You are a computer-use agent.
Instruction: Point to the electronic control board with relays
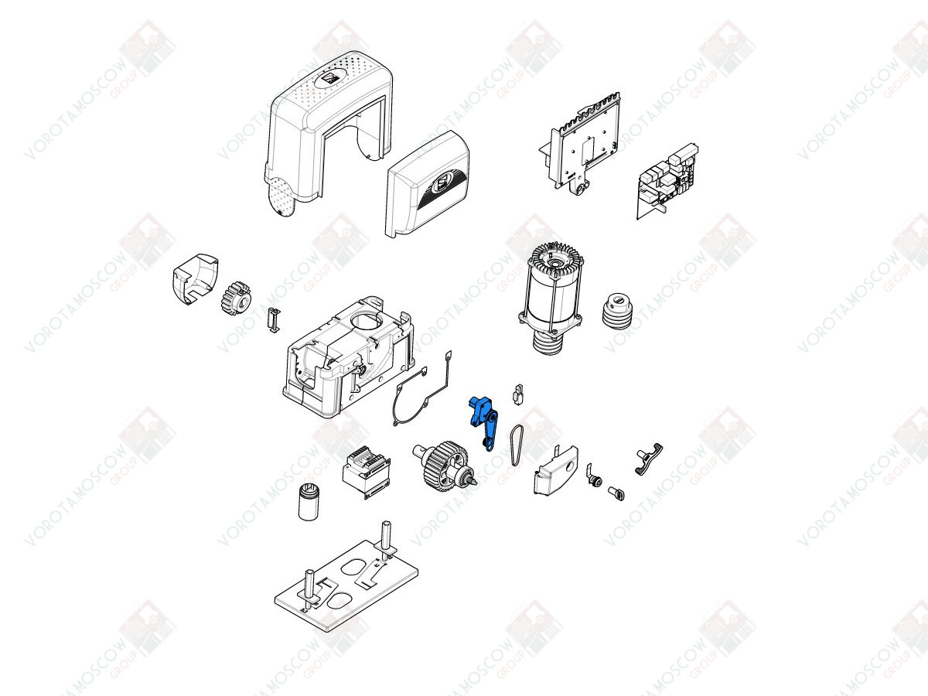point(667,180)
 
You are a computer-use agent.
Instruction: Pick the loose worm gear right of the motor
point(618,311)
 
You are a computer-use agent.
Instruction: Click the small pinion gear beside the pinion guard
point(236,298)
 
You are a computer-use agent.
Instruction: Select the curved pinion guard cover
point(195,279)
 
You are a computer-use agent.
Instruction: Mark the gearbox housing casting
point(348,357)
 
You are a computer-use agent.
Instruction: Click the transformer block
point(366,473)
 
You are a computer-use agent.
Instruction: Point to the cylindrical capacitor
point(309,503)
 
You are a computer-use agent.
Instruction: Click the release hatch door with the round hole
point(555,470)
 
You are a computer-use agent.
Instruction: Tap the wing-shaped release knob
point(649,459)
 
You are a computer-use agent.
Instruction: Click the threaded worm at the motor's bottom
point(548,343)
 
